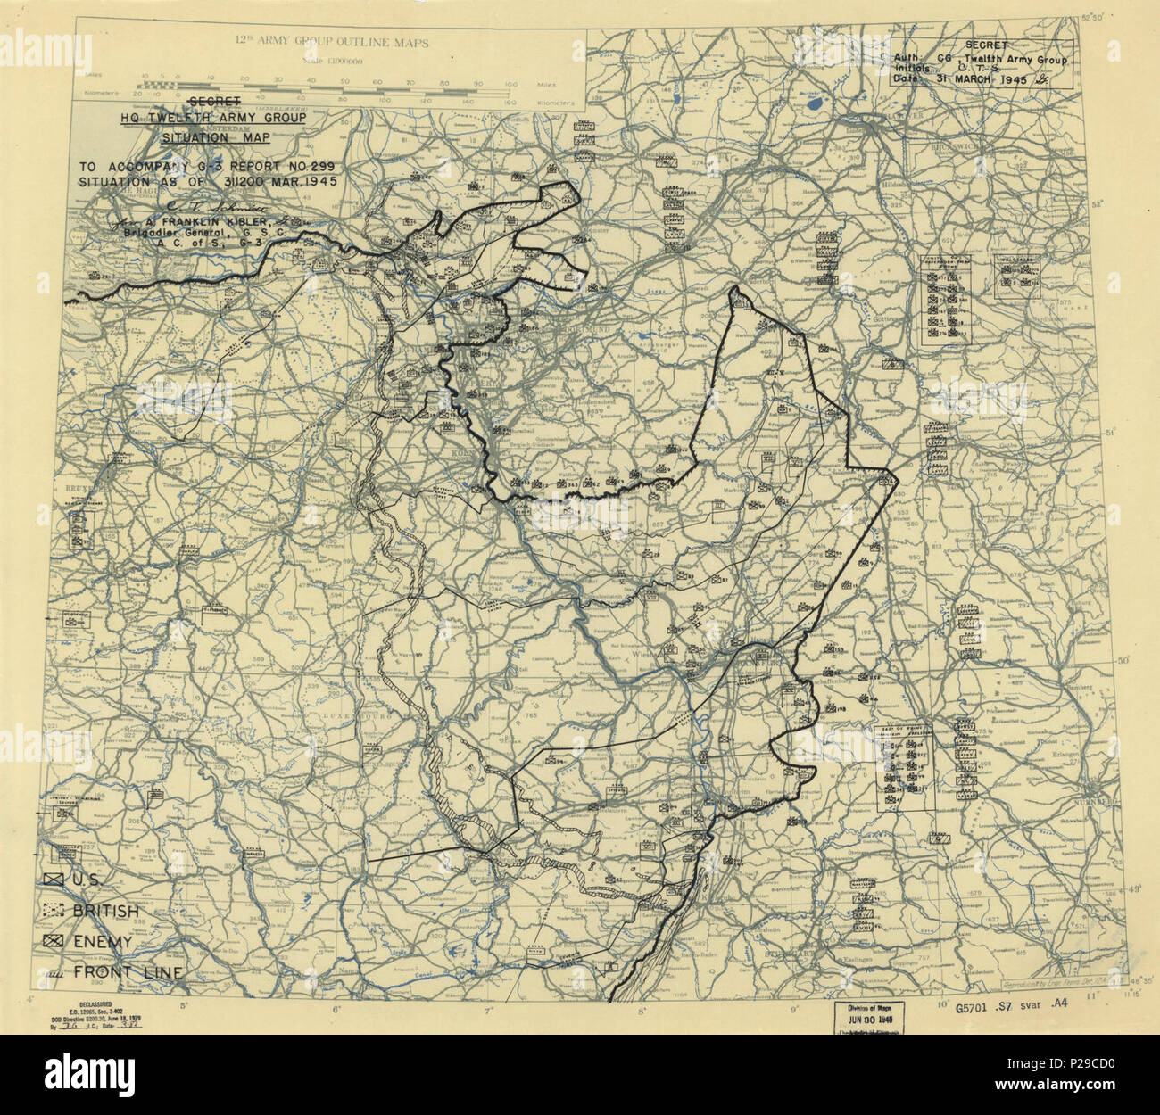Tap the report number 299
point(306,166)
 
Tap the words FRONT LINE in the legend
point(130,972)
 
